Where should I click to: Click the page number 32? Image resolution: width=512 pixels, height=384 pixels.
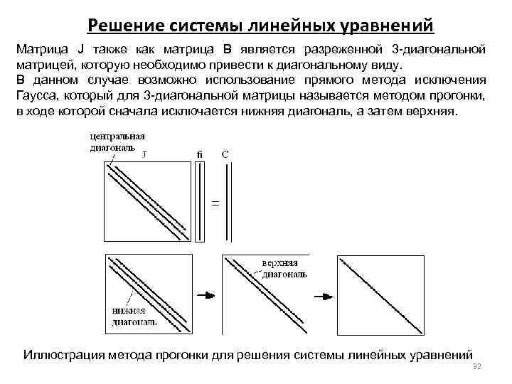(x=477, y=366)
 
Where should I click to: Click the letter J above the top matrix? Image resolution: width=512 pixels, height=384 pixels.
(x=146, y=153)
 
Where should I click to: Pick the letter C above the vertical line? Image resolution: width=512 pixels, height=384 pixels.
(x=225, y=153)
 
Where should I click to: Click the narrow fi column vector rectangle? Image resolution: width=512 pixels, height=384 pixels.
(x=198, y=203)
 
